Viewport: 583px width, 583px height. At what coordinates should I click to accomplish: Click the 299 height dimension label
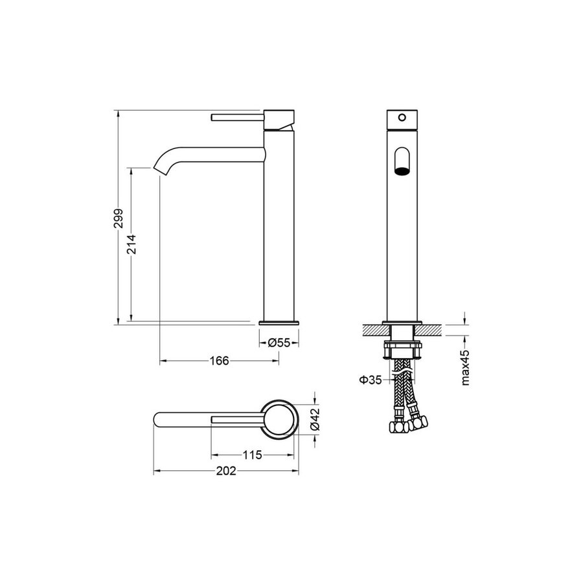[x=119, y=218]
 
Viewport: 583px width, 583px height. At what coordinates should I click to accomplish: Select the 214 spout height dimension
[x=131, y=244]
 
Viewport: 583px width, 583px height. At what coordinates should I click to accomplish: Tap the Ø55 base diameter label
[x=279, y=343]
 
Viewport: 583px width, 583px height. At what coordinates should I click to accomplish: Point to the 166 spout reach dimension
[x=220, y=361]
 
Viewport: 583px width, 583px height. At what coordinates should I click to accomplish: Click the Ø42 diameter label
[x=315, y=419]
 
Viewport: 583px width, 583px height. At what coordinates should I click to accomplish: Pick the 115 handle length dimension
[x=253, y=455]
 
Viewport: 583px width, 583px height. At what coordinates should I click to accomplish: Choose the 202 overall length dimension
[x=226, y=471]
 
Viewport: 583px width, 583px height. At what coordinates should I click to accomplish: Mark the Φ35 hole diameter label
[x=371, y=380]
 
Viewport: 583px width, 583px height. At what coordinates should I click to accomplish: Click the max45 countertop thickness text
[x=466, y=367]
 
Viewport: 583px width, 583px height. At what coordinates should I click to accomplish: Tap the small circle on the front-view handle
[x=402, y=117]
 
